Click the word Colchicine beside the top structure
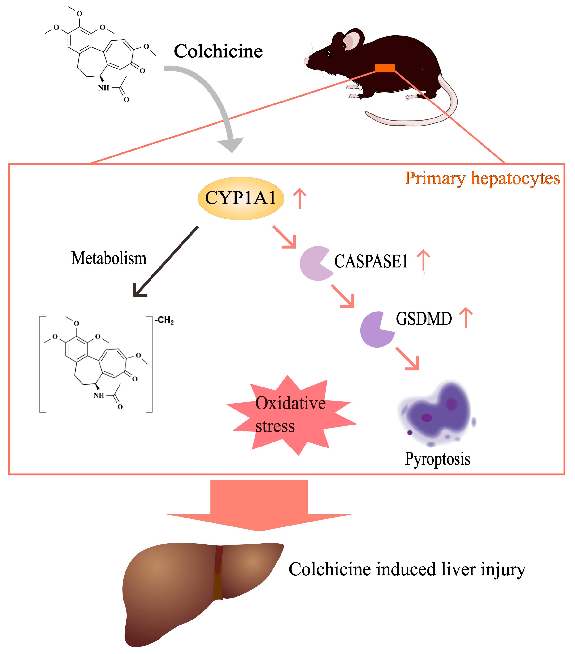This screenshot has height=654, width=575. pyautogui.click(x=218, y=51)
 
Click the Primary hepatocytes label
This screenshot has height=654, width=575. pyautogui.click(x=482, y=178)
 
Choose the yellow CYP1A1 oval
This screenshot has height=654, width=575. pyautogui.click(x=241, y=198)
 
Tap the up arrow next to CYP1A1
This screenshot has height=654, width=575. pyautogui.click(x=300, y=198)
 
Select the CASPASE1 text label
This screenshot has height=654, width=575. pyautogui.click(x=371, y=261)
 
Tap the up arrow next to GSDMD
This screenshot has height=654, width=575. pyautogui.click(x=466, y=318)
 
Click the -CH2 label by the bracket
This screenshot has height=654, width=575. pyautogui.click(x=164, y=320)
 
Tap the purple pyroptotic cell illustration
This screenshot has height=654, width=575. pyautogui.click(x=438, y=413)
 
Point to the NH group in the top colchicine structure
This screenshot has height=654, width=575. pyautogui.click(x=104, y=88)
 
